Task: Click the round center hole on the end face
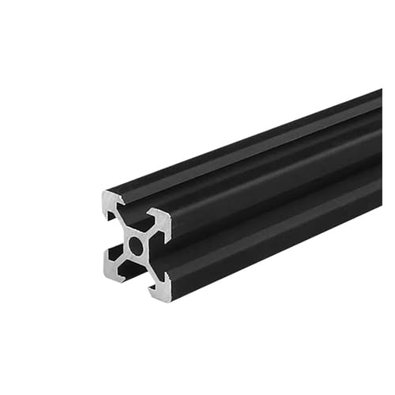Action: coord(136,246)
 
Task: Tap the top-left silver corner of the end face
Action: coord(111,201)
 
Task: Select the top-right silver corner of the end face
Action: coord(162,222)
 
